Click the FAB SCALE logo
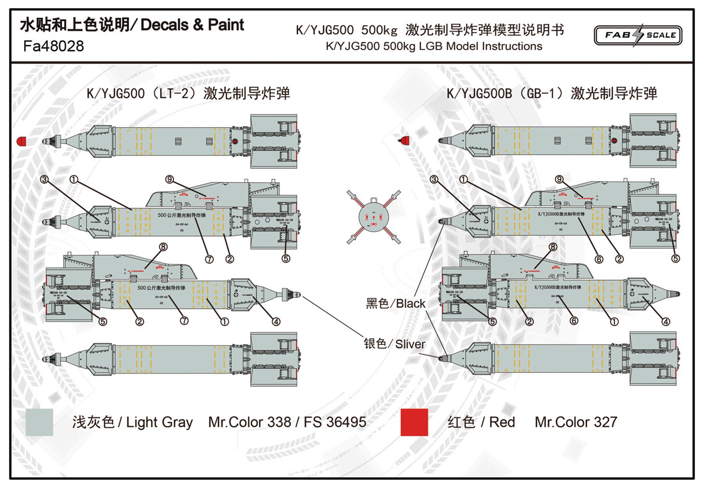[638, 35]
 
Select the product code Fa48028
[54, 46]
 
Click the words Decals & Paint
[192, 25]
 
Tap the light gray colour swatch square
[39, 422]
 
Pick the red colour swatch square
[414, 422]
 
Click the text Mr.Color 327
[576, 422]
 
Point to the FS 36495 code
[335, 422]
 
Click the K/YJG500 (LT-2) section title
[188, 93]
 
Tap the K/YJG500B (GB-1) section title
[551, 93]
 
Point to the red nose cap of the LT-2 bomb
[22, 141]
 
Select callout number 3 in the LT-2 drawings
[44, 179]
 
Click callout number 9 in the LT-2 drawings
[169, 179]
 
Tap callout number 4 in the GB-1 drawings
[666, 322]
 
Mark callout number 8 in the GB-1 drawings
[553, 247]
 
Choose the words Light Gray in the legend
[159, 422]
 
